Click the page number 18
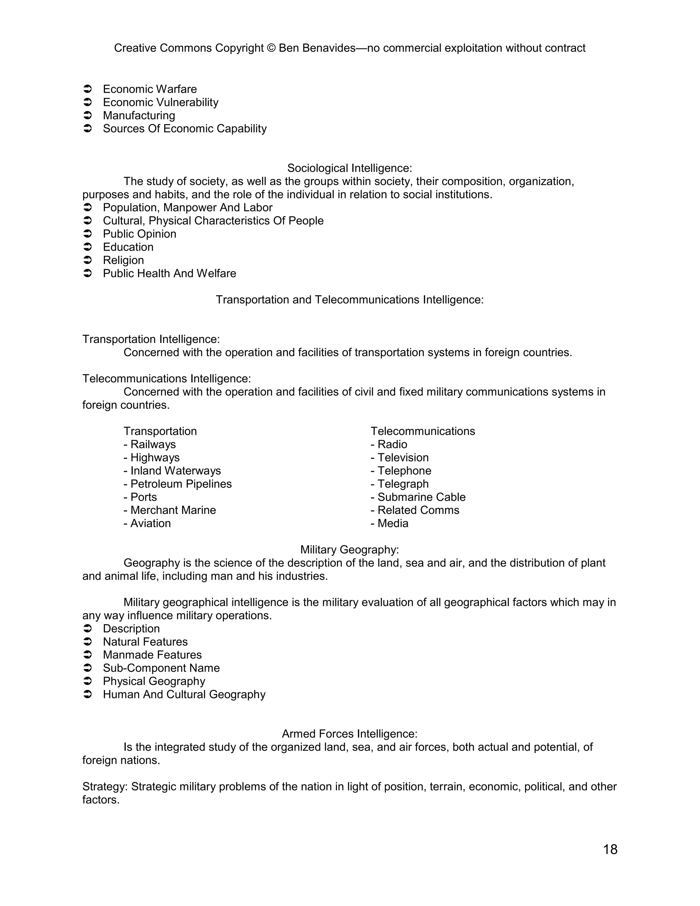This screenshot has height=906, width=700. [x=610, y=849]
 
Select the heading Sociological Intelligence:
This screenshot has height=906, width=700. [x=350, y=168]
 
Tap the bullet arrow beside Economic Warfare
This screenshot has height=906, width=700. [x=87, y=89]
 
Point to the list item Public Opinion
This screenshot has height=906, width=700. [x=139, y=234]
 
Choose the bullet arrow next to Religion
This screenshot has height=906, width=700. [x=87, y=260]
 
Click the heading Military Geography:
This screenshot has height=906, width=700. [x=350, y=550]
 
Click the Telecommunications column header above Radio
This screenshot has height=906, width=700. [x=422, y=431]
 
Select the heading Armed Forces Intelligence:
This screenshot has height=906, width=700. [x=350, y=734]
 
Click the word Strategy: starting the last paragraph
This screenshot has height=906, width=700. [x=105, y=787]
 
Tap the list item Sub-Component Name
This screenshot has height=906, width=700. [x=161, y=668]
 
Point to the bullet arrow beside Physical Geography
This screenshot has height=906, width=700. [x=87, y=681]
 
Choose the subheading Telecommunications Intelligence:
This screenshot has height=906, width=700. [x=167, y=378]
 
